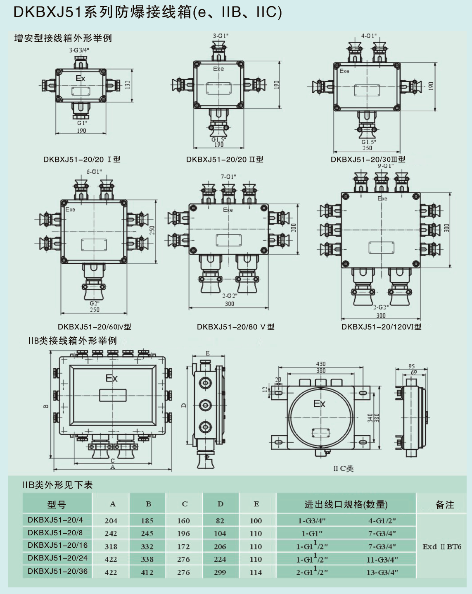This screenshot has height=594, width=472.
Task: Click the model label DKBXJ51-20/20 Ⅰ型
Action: click(x=82, y=160)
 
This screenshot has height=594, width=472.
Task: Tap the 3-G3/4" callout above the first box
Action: click(x=79, y=50)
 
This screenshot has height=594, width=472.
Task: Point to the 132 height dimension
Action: click(x=127, y=84)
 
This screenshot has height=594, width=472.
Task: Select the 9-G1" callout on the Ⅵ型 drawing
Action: click(x=386, y=166)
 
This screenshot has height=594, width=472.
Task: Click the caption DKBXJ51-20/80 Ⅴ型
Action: click(x=235, y=327)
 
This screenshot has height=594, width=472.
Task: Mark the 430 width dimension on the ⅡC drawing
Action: click(x=321, y=364)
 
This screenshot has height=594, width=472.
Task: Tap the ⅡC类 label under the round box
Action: click(x=344, y=468)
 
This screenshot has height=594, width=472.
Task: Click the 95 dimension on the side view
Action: click(x=412, y=366)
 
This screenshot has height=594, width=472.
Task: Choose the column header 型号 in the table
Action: click(x=57, y=504)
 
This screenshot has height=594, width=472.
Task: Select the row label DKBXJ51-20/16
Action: click(x=57, y=545)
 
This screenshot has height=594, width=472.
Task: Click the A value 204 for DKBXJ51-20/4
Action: click(x=111, y=521)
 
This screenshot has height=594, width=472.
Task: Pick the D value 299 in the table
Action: click(x=220, y=573)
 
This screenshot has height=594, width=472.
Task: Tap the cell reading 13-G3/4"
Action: click(x=382, y=573)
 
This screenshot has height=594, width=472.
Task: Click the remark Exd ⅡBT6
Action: click(x=442, y=546)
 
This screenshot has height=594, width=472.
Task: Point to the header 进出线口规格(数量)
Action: click(x=346, y=504)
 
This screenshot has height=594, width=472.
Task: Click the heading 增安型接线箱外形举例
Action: click(x=63, y=38)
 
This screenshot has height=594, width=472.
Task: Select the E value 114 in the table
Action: click(x=256, y=573)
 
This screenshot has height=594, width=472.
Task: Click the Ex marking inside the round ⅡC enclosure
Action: click(x=319, y=404)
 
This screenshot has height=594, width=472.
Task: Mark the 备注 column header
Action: click(x=445, y=505)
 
